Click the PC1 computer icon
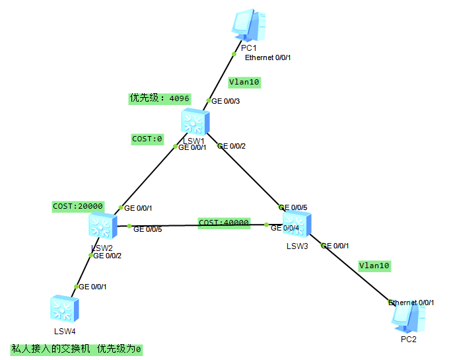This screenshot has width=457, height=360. (250, 26)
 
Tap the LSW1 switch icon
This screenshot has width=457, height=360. (194, 123)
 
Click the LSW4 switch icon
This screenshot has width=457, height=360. (65, 309)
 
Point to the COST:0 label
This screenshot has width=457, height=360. (147, 139)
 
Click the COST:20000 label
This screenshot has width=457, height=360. (78, 206)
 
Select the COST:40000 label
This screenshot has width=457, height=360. (225, 223)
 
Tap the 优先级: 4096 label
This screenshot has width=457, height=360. (159, 98)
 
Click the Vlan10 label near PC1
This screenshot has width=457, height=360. (244, 83)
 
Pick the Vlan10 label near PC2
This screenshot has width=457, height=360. (374, 266)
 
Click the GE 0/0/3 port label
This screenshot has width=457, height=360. (225, 101)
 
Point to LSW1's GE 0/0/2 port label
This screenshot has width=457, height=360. (231, 146)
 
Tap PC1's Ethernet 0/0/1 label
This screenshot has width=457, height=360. (267, 57)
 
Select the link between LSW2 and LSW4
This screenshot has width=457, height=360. (83, 270)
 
